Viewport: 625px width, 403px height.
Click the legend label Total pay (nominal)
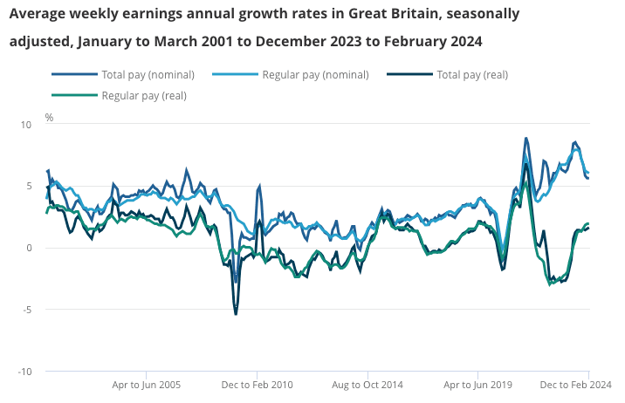pyautogui.click(x=148, y=74)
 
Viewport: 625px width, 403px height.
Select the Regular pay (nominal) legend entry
pyautogui.click(x=315, y=74)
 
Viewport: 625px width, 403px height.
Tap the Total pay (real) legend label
pyautogui.click(x=472, y=74)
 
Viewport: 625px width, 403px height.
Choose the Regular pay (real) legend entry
pyautogui.click(x=144, y=95)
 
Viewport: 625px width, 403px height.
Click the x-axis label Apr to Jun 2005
pyautogui.click(x=147, y=385)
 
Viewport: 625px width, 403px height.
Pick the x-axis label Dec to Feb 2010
pyautogui.click(x=258, y=385)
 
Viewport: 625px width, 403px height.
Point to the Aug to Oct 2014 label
pyautogui.click(x=368, y=385)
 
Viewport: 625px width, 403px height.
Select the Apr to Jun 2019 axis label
pyautogui.click(x=478, y=385)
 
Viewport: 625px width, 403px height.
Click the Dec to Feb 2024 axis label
pyautogui.click(x=575, y=385)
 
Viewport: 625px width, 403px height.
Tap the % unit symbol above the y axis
pyautogui.click(x=49, y=117)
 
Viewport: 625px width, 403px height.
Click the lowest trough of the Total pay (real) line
pyautogui.click(x=236, y=313)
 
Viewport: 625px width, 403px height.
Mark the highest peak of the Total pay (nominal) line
pyautogui.click(x=526, y=138)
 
